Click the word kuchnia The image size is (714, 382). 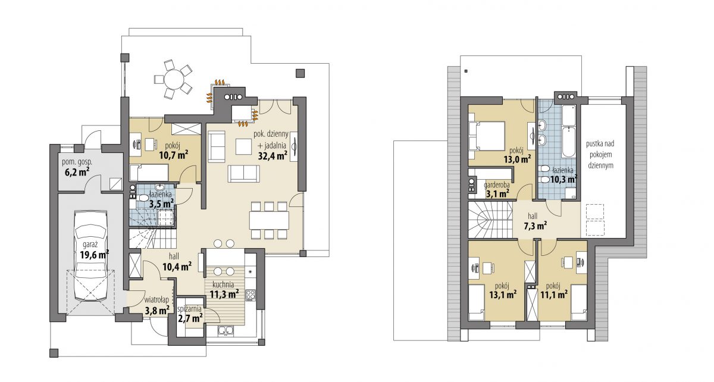pos(223,284)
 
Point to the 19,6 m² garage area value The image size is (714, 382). pos(95,255)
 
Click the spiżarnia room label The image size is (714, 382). pos(189,309)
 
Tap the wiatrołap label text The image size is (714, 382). pos(156,300)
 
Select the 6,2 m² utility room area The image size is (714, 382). pos(77,173)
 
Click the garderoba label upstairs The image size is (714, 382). pos(497,184)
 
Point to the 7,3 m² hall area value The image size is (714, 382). pos(535,226)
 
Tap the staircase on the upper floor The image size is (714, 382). pos(490,220)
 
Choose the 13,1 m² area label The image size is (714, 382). pos(503,295)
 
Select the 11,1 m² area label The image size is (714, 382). pos(554,295)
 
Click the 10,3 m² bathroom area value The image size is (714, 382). pos(563,180)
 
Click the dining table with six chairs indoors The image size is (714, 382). pos(269,220)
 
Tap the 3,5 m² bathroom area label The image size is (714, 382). pos(162,203)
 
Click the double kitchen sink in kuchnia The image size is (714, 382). pos(226,331)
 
